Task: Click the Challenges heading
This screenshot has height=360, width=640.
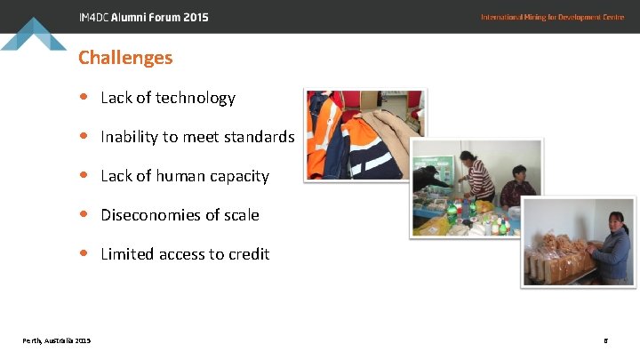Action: [x=125, y=58]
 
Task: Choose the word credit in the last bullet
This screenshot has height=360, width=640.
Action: [x=249, y=254]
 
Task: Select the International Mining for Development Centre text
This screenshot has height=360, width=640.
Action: [x=552, y=17]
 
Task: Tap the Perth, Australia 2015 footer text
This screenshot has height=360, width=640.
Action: [x=57, y=340]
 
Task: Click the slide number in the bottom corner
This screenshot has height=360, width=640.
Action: [x=605, y=340]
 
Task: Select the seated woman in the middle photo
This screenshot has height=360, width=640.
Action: [x=516, y=187]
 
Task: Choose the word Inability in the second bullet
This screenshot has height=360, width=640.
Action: [x=127, y=137]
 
